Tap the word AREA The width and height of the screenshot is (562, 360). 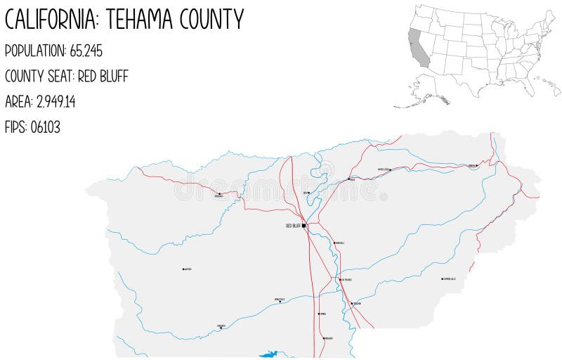pyautogui.click(x=18, y=102)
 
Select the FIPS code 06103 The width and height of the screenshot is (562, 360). pyautogui.click(x=46, y=127)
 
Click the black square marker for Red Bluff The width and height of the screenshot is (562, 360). pyautogui.click(x=304, y=226)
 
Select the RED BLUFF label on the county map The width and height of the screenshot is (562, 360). pyautogui.click(x=293, y=226)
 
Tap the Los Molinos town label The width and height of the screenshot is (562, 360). pyautogui.click(x=346, y=279)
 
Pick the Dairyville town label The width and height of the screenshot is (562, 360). pyautogui.click(x=340, y=243)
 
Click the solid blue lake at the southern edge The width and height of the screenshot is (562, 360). pyautogui.click(x=268, y=354)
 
